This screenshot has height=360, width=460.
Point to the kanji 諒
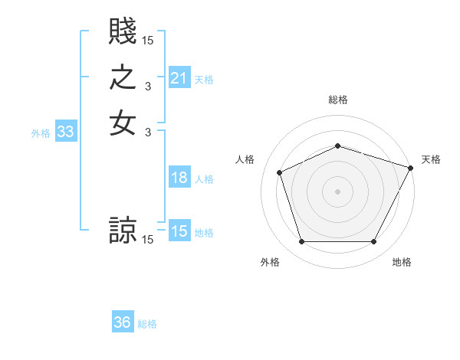point(123,230)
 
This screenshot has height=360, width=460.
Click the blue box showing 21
point(179,78)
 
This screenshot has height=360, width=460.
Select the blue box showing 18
point(179,178)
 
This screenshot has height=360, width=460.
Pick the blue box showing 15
point(179,231)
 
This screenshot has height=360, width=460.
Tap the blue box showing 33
point(66,133)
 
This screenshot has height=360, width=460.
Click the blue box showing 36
point(123,322)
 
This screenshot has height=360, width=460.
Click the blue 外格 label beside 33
point(41,133)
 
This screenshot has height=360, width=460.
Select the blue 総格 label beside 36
point(147,324)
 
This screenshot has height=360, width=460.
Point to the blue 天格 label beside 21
point(204,79)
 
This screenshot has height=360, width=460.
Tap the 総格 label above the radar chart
point(337,100)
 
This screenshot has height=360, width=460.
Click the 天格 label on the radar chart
point(431,159)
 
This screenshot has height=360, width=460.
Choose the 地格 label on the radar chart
point(402,262)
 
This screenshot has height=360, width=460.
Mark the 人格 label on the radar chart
point(245,159)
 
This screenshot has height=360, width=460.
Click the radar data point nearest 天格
point(411,167)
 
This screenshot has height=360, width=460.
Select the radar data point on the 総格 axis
point(337,146)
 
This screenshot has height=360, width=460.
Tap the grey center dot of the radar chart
point(337,191)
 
